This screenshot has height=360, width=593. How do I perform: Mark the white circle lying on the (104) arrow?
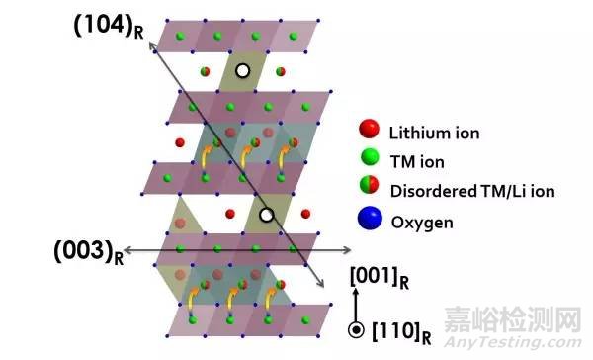pyautogui.click(x=265, y=215)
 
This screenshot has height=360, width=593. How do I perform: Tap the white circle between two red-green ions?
pyautogui.click(x=242, y=71)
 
